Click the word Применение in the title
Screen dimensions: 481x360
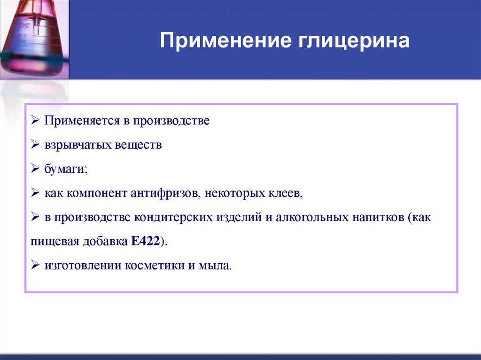225,40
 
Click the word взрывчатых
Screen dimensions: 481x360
78,145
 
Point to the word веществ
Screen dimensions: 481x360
139,145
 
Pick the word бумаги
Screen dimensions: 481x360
65,169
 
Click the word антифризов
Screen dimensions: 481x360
166,193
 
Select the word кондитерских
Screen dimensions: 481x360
173,217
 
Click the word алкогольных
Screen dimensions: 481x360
312,217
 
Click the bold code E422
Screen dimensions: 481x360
146,241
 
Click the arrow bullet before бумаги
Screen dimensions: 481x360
35,169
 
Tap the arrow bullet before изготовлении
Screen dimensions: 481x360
35,265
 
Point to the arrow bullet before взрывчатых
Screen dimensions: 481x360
35,145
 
